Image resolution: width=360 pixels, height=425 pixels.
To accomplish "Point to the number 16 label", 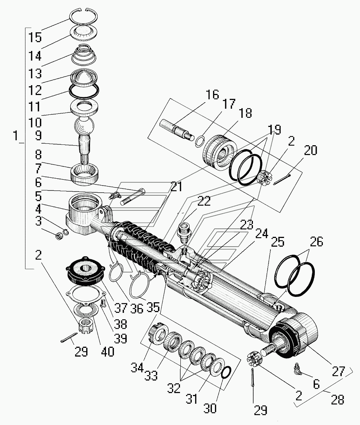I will point(213,95).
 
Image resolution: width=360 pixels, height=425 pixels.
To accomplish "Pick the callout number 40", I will point(107,352).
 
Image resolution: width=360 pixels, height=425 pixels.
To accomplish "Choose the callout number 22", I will point(204,201).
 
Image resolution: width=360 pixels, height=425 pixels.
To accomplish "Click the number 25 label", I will point(278,243).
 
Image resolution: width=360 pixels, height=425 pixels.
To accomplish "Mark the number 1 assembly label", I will point(16,135).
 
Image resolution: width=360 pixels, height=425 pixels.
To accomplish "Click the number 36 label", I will point(136,308).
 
